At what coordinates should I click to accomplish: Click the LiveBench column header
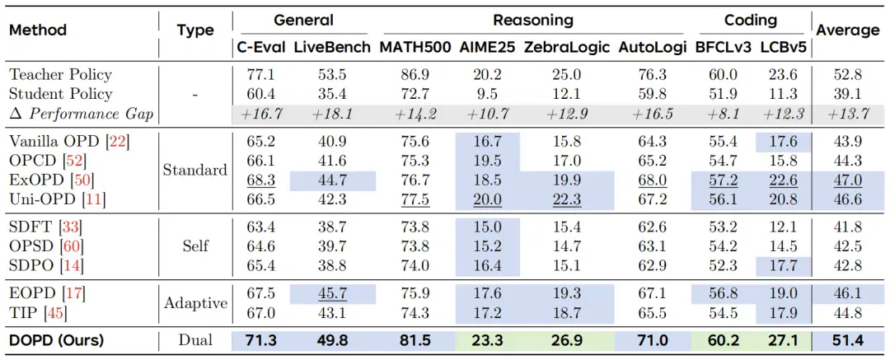pos(333,46)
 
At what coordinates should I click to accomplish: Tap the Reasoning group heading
pos(532,21)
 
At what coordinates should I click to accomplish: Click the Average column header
pos(847,30)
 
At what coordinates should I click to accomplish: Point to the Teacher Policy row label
pos(60,74)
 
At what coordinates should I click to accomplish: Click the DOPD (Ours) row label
pos(56,341)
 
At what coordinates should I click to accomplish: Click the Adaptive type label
pos(196,302)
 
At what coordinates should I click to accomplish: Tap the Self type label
pos(195,245)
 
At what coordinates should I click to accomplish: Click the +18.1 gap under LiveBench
pos(333,114)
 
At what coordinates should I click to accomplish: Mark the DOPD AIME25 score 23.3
pos(487,341)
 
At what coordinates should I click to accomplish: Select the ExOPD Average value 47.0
pos(847,181)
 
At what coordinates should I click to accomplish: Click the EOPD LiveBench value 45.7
pos(333,293)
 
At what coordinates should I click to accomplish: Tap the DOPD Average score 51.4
pos(847,341)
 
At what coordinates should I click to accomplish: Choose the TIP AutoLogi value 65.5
pos(646,312)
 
